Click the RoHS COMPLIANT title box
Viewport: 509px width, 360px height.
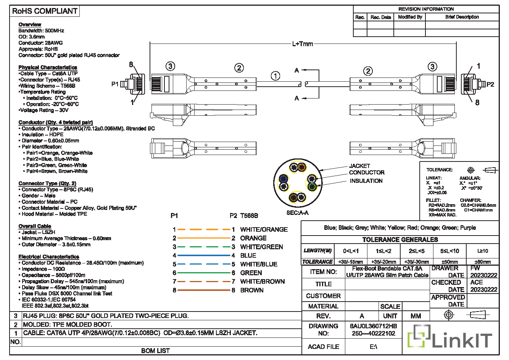(45, 11)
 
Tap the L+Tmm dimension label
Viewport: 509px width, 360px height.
(303, 44)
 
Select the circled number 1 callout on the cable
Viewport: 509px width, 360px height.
(275, 76)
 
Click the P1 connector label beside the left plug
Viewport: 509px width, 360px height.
(115, 84)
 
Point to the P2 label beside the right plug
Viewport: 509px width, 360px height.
(490, 84)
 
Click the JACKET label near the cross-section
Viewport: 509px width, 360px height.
(359, 166)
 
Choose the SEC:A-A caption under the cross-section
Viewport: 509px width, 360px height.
(297, 213)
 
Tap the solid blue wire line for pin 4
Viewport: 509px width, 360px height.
(204, 255)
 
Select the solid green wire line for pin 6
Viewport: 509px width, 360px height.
(204, 273)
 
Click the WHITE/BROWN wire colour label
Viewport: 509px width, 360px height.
(263, 282)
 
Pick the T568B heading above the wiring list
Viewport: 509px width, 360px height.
(249, 216)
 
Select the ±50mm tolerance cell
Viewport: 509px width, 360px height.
(449, 262)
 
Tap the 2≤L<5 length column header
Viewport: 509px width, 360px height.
(417, 251)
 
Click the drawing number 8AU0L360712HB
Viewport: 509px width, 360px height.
(373, 326)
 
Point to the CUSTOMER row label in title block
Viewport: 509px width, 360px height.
(323, 296)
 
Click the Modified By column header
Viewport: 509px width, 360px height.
(410, 17)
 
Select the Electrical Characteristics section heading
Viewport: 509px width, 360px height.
(49, 257)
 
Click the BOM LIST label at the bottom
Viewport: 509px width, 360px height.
(155, 350)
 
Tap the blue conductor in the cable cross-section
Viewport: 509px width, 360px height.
(283, 178)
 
